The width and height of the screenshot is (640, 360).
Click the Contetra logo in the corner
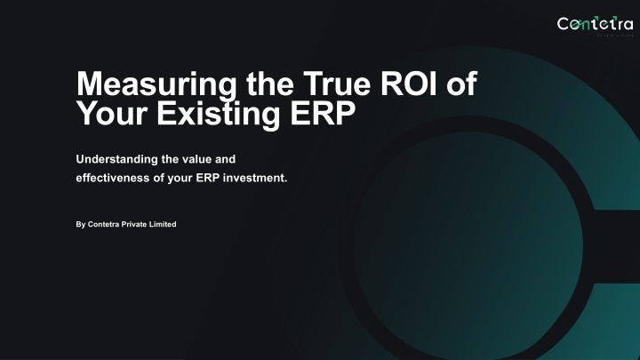(595, 25)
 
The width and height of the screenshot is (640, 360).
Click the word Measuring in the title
(156, 85)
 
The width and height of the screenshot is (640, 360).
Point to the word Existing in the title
(219, 114)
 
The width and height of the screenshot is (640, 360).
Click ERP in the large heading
(323, 113)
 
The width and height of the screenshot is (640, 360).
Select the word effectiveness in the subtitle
(113, 178)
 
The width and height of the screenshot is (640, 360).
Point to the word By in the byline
(80, 225)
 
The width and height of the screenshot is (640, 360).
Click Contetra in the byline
(103, 224)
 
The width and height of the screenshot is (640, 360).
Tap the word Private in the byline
(133, 224)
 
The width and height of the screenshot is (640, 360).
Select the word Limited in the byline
(163, 224)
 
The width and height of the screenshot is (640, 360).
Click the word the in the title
(270, 84)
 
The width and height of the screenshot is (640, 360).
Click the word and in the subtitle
(225, 159)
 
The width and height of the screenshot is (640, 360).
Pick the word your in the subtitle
(180, 179)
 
